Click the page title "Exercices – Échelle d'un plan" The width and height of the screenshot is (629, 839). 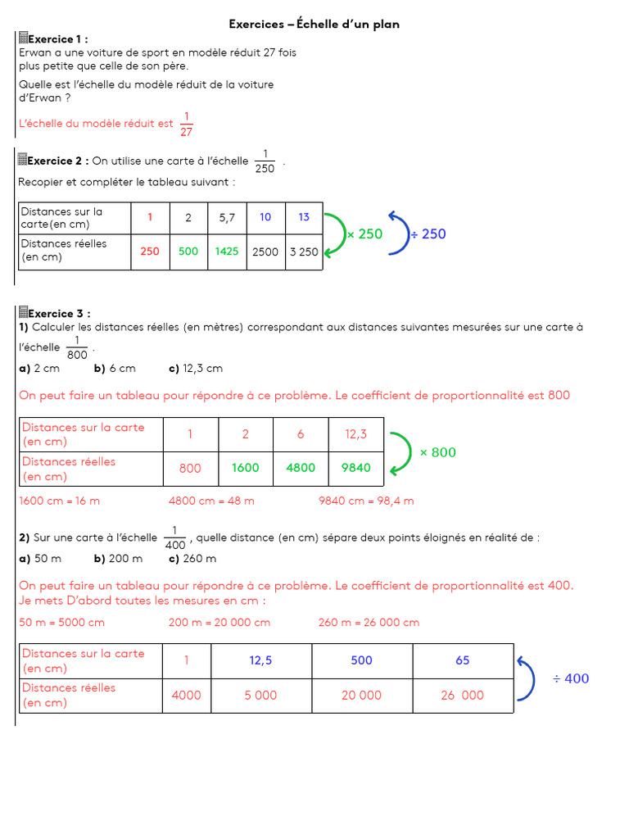[314, 25]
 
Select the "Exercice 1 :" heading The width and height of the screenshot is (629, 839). [57, 39]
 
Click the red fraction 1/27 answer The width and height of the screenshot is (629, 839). [186, 124]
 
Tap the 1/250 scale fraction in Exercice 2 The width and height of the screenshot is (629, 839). [265, 161]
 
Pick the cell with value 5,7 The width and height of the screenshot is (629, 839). [227, 218]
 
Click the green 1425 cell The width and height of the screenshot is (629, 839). [227, 252]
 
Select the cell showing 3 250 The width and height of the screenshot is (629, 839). [304, 252]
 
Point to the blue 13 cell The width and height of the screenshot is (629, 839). [304, 218]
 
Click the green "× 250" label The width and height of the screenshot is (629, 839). [364, 234]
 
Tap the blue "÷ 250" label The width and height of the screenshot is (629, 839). [428, 234]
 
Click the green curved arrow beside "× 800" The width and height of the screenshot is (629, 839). [401, 452]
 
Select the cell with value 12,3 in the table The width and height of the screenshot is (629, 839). [356, 434]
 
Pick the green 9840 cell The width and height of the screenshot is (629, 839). [356, 468]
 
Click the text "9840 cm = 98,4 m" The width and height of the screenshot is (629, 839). [366, 501]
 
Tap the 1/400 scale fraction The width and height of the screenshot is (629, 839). [174, 537]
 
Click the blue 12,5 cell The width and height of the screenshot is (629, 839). [261, 660]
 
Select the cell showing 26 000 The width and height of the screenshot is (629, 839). [463, 695]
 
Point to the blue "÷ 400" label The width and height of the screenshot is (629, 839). [570, 678]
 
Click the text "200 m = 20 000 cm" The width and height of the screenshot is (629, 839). [219, 623]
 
